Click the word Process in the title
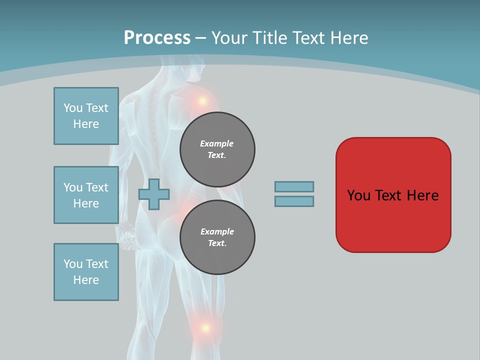[x=157, y=38]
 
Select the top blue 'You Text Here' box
[x=86, y=116]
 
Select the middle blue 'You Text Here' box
[x=86, y=195]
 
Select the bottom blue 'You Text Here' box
[x=86, y=272]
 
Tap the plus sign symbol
[x=154, y=194]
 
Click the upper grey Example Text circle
[x=217, y=149]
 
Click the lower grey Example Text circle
[x=217, y=237]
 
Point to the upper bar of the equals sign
[x=294, y=187]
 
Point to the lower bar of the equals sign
[x=294, y=201]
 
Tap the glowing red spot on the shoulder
[x=202, y=101]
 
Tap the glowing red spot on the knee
[x=205, y=328]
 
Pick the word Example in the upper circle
[x=217, y=143]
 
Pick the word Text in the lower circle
[x=217, y=243]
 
